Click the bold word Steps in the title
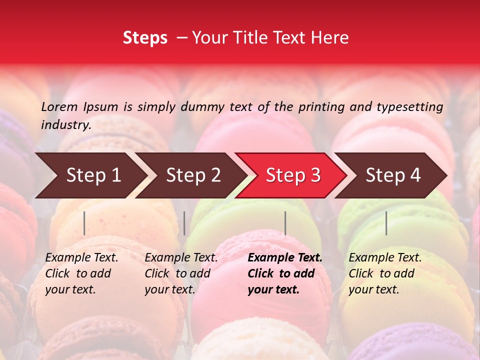coord(145,37)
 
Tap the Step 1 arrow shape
coord(90,175)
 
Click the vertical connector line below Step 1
coord(84,223)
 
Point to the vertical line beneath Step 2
coord(184,223)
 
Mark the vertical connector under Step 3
coord(285,223)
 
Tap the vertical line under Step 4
coord(386,223)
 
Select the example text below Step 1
coord(81,273)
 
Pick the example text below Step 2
coord(181,273)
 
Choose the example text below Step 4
coord(385,273)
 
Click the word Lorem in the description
coord(59,106)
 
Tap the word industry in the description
coord(66,125)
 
